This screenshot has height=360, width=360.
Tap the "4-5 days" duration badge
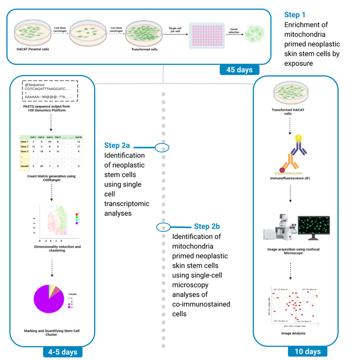(63, 351)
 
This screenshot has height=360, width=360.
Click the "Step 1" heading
(295, 15)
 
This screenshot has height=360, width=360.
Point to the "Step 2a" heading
(117, 146)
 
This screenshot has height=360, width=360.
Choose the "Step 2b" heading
(207, 226)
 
